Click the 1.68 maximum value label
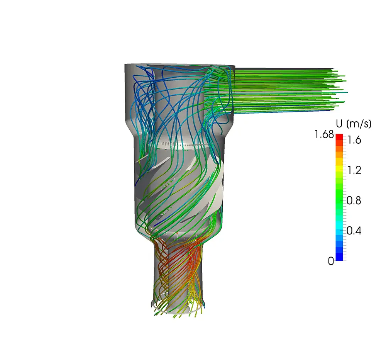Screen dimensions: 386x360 tap(324, 134)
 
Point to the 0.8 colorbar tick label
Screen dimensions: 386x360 tap(354, 200)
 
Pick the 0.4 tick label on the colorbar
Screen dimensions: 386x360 tap(354, 231)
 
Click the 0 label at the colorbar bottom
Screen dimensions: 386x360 tap(331, 261)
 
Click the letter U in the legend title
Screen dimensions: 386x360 tap(339, 123)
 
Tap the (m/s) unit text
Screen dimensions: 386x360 tap(359, 124)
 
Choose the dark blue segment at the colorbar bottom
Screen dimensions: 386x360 tap(339, 257)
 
